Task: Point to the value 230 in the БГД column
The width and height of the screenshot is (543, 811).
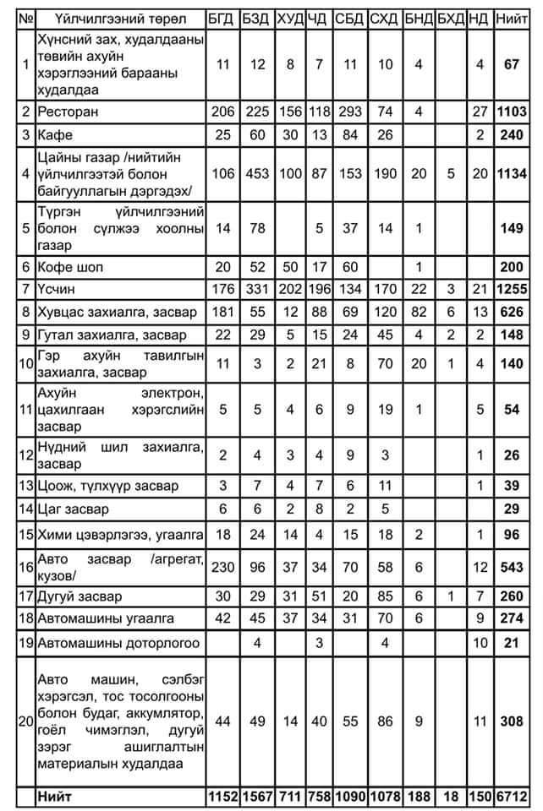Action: [223, 563]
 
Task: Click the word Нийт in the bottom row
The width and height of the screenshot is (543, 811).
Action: [55, 797]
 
